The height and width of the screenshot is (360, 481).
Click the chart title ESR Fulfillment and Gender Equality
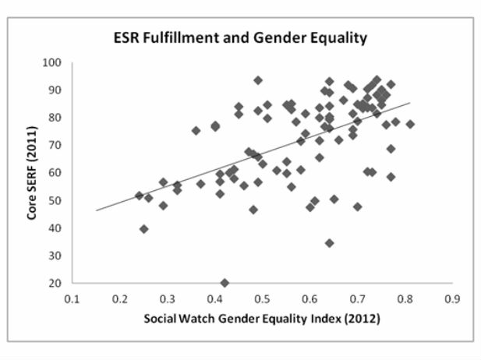[x=240, y=37]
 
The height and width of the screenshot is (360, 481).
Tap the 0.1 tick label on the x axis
[x=73, y=298]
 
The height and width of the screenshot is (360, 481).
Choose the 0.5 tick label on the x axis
[x=262, y=298]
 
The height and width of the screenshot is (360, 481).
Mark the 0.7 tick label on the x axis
[x=357, y=298]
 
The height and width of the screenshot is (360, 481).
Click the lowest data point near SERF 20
[x=225, y=283]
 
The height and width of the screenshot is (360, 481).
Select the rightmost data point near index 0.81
[x=410, y=124]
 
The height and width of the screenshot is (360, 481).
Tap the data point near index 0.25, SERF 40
[x=144, y=229]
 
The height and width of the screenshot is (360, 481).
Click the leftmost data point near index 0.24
[x=140, y=196]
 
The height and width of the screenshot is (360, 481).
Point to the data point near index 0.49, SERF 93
[x=258, y=80]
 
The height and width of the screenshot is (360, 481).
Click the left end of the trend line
[x=97, y=210]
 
